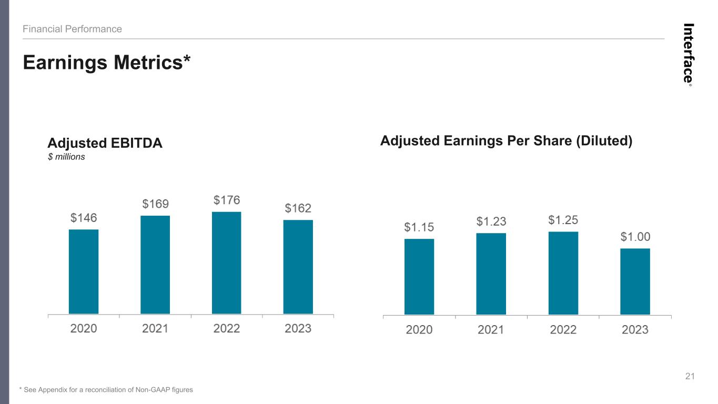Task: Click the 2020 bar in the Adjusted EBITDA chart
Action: pyautogui.click(x=84, y=271)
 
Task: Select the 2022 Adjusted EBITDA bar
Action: pyautogui.click(x=227, y=263)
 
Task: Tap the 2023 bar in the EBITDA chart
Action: pyautogui.click(x=298, y=267)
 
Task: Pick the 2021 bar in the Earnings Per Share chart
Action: pyautogui.click(x=491, y=274)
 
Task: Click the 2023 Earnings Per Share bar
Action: pyautogui.click(x=635, y=281)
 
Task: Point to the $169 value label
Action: pyautogui.click(x=156, y=204)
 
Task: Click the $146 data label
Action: pyautogui.click(x=84, y=218)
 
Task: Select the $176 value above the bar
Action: pyautogui.click(x=227, y=200)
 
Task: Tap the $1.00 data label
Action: pyautogui.click(x=635, y=237)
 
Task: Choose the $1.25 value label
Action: pyautogui.click(x=563, y=220)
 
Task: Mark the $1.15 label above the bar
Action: pyautogui.click(x=419, y=227)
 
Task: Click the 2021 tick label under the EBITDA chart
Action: pyautogui.click(x=155, y=329)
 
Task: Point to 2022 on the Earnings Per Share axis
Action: pyautogui.click(x=563, y=330)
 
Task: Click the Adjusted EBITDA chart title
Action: pyautogui.click(x=105, y=143)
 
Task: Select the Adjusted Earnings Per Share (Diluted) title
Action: pyautogui.click(x=507, y=141)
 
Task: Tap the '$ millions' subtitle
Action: pyautogui.click(x=66, y=157)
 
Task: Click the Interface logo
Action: pyautogui.click(x=688, y=55)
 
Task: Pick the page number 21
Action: pyautogui.click(x=690, y=376)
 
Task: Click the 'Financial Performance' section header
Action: pyautogui.click(x=72, y=29)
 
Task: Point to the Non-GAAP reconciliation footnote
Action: pyautogui.click(x=106, y=390)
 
